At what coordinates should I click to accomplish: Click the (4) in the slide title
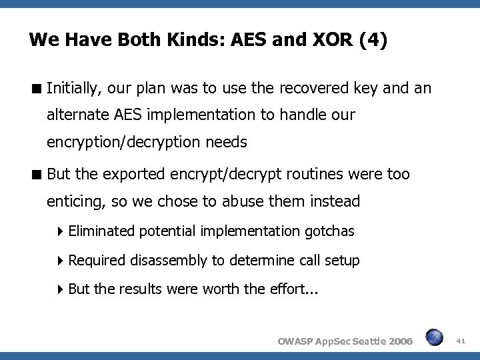tap(372, 41)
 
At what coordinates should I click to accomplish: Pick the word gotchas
tap(329, 231)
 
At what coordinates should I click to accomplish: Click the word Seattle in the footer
tap(359, 341)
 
